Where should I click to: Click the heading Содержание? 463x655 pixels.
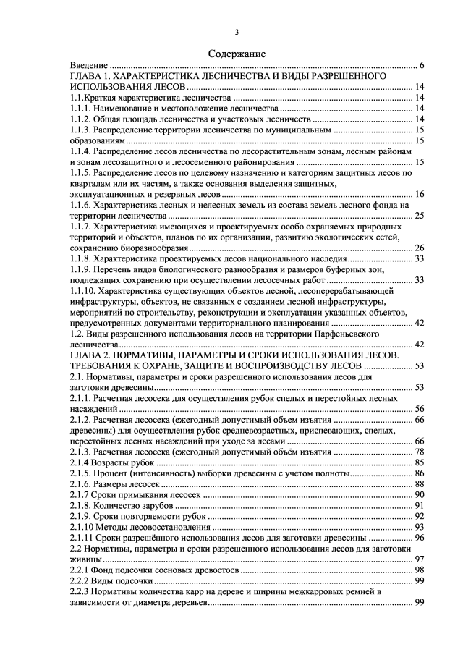pyautogui.click(x=237, y=54)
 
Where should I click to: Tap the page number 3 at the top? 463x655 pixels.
pyautogui.click(x=237, y=31)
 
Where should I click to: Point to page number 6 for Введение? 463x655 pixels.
pyautogui.click(x=421, y=66)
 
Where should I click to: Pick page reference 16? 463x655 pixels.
pyautogui.click(x=419, y=194)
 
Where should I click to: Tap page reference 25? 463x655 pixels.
pyautogui.click(x=419, y=216)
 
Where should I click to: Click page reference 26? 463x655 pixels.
pyautogui.click(x=419, y=248)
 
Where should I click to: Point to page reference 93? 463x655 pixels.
pyautogui.click(x=419, y=527)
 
